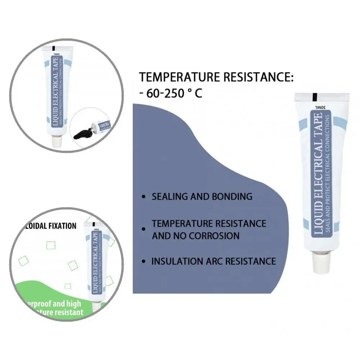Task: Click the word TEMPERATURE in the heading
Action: [179, 77]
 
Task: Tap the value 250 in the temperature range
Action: [176, 94]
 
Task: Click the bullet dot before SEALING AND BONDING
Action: [144, 197]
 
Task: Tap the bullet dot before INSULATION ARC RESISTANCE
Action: [144, 261]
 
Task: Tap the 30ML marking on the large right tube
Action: [320, 107]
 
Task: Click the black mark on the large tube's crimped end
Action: [315, 97]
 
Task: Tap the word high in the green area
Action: [73, 304]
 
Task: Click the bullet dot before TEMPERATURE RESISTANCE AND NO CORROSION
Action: [144, 229]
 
